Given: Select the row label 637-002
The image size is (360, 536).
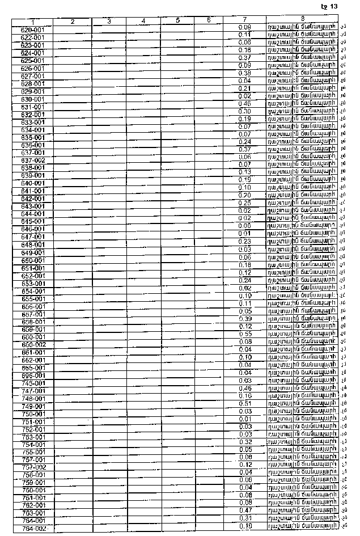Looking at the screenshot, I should point(33,161).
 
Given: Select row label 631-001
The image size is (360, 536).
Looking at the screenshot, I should point(33,107).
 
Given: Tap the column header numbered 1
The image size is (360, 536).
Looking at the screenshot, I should point(33,22).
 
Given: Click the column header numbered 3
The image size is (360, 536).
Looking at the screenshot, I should point(108,22).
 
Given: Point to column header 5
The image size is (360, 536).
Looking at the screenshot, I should point(177,21).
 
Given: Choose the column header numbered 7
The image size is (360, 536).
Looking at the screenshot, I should point(245,21).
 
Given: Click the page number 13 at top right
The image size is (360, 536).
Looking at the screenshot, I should point(333,6).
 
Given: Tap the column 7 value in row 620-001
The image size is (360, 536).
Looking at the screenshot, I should point(245,27).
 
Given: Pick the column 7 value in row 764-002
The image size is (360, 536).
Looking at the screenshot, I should point(245,526).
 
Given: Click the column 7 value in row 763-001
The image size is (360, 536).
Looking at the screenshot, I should point(245,510).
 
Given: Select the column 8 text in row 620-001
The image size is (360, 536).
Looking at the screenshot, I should point(303,27).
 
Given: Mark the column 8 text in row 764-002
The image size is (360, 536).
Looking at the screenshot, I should point(303,526).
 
